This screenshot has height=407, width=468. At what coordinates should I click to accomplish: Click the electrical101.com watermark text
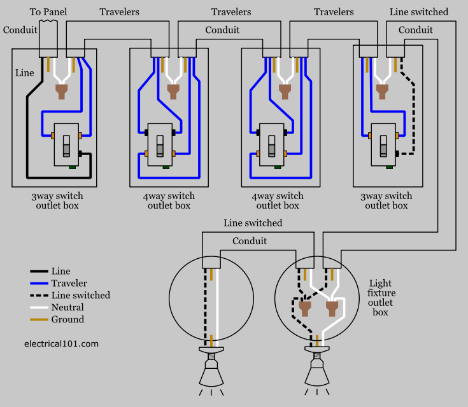click(61, 343)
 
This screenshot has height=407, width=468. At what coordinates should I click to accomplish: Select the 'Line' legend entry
click(61, 271)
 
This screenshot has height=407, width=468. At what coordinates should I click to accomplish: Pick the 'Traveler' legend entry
click(69, 283)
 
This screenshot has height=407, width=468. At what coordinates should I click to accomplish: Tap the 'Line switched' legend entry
click(80, 295)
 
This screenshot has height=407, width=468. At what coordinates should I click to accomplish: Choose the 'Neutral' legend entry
click(67, 307)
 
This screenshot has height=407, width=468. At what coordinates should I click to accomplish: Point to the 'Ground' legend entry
click(67, 319)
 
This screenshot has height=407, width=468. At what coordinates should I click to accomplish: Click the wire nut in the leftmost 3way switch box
click(62, 92)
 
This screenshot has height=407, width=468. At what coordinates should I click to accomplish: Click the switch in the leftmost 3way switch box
click(66, 144)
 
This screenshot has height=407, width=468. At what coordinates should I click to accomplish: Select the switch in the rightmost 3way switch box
click(384, 144)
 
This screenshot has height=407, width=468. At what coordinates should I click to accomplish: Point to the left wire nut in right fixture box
click(304, 308)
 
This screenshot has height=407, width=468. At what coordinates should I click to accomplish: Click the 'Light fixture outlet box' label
click(381, 298)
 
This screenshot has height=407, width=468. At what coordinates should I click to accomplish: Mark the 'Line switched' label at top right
click(418, 12)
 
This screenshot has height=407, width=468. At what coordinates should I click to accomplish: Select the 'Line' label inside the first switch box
click(25, 73)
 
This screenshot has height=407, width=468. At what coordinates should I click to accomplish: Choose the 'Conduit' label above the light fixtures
click(250, 241)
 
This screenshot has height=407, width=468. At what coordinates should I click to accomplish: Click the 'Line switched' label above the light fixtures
click(253, 223)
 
